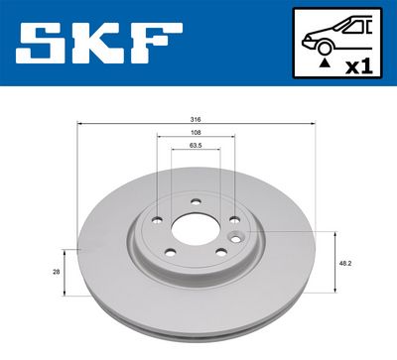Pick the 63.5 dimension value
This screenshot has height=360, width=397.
coord(197,146)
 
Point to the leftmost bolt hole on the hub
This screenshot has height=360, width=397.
coord(156,222)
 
